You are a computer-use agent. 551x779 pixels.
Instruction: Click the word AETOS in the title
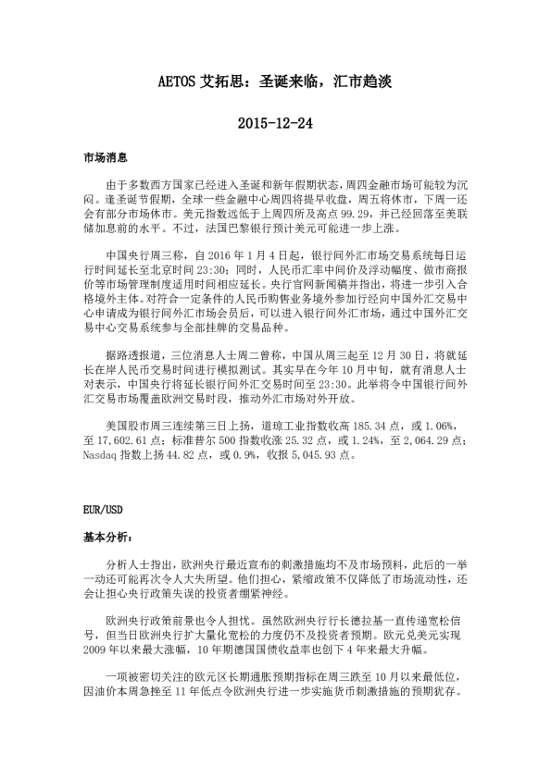pyautogui.click(x=178, y=82)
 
